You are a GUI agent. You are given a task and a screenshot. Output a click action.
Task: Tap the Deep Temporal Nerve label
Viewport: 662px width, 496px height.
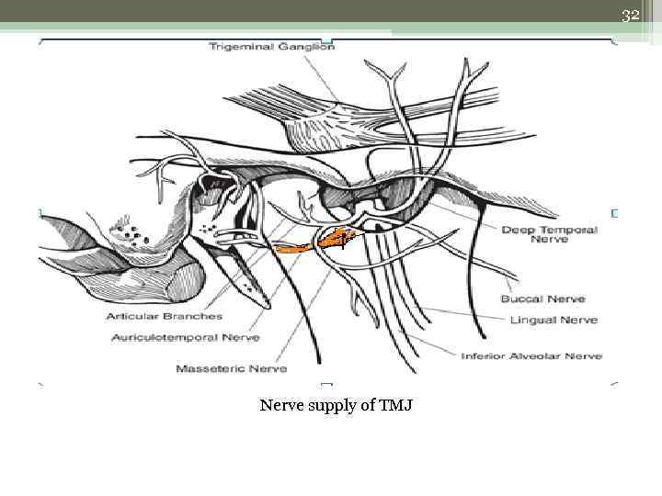[x=549, y=235]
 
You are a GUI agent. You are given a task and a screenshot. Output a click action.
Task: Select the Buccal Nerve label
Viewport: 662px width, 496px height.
[x=542, y=299]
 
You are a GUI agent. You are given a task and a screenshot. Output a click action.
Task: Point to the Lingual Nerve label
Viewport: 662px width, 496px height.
[x=554, y=320]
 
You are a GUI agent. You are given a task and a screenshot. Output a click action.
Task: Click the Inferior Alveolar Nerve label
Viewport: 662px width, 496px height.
[x=531, y=355]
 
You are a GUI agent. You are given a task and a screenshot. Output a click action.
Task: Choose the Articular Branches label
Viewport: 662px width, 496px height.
[x=165, y=316]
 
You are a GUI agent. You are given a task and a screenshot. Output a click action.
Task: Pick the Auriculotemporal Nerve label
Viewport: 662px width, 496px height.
[x=185, y=337]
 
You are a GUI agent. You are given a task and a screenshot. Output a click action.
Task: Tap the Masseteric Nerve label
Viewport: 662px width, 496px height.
[x=231, y=368]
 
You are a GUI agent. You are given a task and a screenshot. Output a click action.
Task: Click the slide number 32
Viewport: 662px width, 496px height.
[x=630, y=16]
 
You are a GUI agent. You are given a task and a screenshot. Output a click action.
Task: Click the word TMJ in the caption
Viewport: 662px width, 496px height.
[x=397, y=404]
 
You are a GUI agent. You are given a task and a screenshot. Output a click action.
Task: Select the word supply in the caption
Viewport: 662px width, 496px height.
[x=340, y=405]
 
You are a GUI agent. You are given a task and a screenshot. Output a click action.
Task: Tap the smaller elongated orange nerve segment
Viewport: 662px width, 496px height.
[x=293, y=248]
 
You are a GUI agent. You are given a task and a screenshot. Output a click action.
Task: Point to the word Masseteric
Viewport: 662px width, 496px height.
[x=211, y=368]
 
